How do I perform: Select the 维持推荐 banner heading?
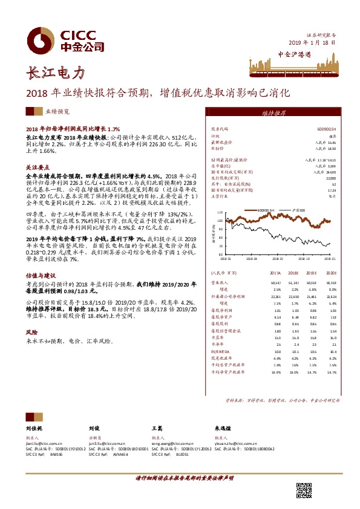point(274,113)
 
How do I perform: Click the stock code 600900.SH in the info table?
point(327,129)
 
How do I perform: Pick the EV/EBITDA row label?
point(221,351)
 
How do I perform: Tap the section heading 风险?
point(31,332)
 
